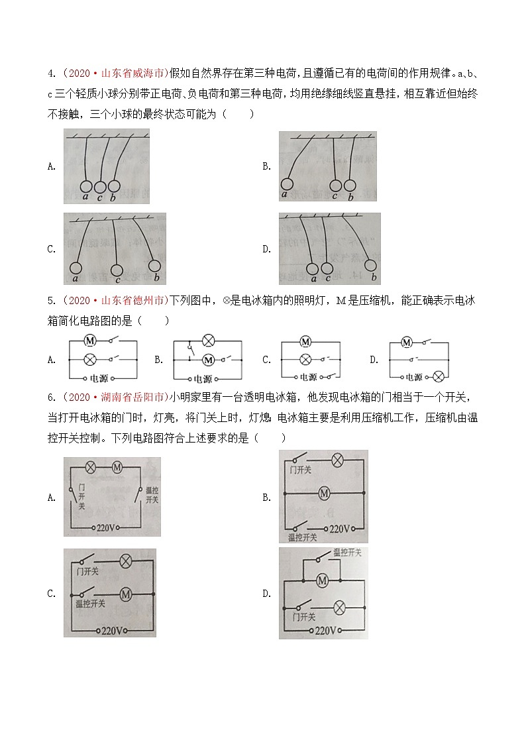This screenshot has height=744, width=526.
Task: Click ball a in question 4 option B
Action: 287,184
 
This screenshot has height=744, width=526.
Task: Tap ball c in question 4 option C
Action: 117,270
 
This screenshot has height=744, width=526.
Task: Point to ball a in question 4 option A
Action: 85,186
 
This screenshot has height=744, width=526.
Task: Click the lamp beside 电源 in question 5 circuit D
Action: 438,377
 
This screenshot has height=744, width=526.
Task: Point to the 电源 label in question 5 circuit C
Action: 308,378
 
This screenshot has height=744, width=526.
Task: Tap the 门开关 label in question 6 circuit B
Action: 301,470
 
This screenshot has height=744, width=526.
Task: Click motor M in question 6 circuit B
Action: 324,493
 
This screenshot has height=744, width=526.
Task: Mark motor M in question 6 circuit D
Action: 323,581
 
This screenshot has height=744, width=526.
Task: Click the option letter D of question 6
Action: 266,594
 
